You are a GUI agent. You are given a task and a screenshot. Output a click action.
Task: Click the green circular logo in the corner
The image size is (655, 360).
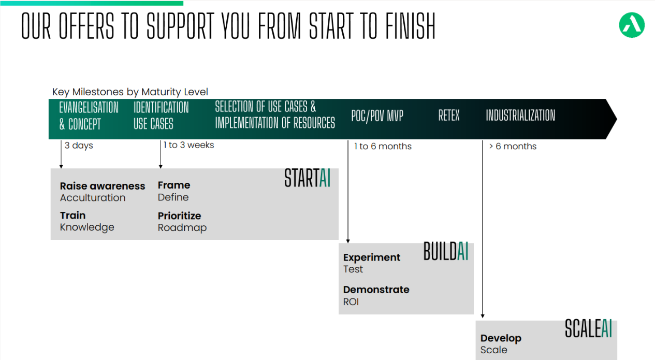click(632, 25)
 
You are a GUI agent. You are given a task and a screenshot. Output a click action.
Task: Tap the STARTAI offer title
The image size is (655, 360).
click(308, 178)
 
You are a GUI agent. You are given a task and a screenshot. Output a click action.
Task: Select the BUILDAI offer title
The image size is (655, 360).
click(446, 251)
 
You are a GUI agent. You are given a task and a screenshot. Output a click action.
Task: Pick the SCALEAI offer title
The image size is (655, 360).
click(588, 328)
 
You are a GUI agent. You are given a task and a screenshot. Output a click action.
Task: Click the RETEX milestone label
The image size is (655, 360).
click(449, 115)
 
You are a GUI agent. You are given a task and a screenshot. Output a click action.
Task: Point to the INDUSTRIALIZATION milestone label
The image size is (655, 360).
click(520, 115)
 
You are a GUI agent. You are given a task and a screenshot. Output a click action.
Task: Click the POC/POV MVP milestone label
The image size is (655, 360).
click(377, 116)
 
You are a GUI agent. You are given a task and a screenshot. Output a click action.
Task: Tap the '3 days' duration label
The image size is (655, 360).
click(79, 146)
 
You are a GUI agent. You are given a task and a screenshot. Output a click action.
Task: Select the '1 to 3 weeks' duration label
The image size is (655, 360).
click(188, 145)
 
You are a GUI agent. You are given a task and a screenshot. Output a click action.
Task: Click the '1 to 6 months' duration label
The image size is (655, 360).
click(383, 146)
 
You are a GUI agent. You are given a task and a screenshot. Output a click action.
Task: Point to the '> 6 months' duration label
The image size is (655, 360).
click(513, 146)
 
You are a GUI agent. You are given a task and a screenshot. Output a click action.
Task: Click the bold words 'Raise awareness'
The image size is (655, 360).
click(103, 186)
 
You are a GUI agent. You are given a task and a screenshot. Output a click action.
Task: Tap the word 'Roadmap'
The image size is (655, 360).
click(182, 228)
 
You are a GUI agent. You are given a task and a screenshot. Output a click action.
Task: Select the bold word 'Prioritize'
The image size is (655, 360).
click(179, 216)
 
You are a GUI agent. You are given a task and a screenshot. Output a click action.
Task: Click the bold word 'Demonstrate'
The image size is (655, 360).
click(376, 290)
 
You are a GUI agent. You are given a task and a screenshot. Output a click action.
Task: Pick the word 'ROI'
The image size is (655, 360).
click(351, 302)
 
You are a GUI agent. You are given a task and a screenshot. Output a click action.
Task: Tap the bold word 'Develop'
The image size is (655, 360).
click(501, 338)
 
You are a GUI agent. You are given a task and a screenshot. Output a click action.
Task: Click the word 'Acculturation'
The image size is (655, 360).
click(93, 198)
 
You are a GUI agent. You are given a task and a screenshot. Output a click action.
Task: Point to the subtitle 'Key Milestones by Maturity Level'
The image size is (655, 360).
click(130, 92)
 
